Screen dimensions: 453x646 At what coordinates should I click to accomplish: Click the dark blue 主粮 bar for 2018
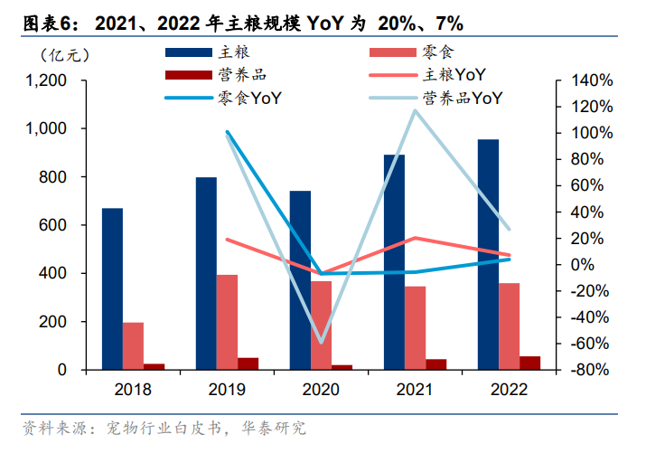click(x=112, y=288)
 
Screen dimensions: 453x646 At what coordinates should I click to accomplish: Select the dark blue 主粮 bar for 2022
click(x=488, y=254)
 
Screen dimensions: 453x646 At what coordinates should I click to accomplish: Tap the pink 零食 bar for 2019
click(x=227, y=322)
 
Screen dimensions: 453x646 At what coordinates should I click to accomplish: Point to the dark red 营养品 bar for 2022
click(x=530, y=363)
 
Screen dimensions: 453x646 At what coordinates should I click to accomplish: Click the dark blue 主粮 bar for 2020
click(x=300, y=280)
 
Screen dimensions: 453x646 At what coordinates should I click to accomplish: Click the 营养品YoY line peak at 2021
click(x=415, y=110)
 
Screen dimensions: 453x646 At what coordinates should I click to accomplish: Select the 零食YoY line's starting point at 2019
click(x=227, y=132)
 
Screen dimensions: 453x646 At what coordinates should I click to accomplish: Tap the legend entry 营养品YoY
click(x=462, y=97)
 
